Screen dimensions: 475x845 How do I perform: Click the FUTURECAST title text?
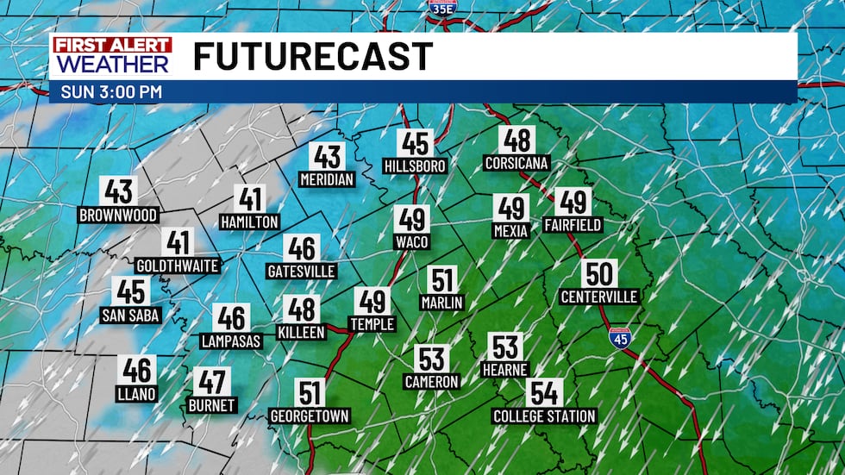[312, 57]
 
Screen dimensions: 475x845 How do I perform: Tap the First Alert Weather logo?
[111, 56]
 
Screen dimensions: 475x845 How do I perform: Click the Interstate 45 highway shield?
[619, 338]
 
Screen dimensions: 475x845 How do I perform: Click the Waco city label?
[411, 242]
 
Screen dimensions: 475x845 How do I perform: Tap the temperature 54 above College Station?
[544, 393]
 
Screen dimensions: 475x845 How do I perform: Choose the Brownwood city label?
[117, 215]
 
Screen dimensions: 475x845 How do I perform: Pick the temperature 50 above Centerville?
[598, 274]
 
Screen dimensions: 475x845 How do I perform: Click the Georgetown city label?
[310, 416]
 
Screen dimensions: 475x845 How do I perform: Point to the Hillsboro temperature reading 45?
[415, 143]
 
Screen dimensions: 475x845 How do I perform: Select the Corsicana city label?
[517, 162]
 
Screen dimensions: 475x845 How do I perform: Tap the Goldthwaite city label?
[178, 266]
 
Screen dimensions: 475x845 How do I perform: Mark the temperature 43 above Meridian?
[328, 157]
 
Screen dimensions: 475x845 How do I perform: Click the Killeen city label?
[301, 332]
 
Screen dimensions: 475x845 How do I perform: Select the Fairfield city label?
[573, 225]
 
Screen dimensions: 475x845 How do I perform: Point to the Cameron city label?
[431, 381]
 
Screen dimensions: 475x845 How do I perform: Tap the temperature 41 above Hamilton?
[250, 199]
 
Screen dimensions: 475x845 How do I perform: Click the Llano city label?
[137, 394]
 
